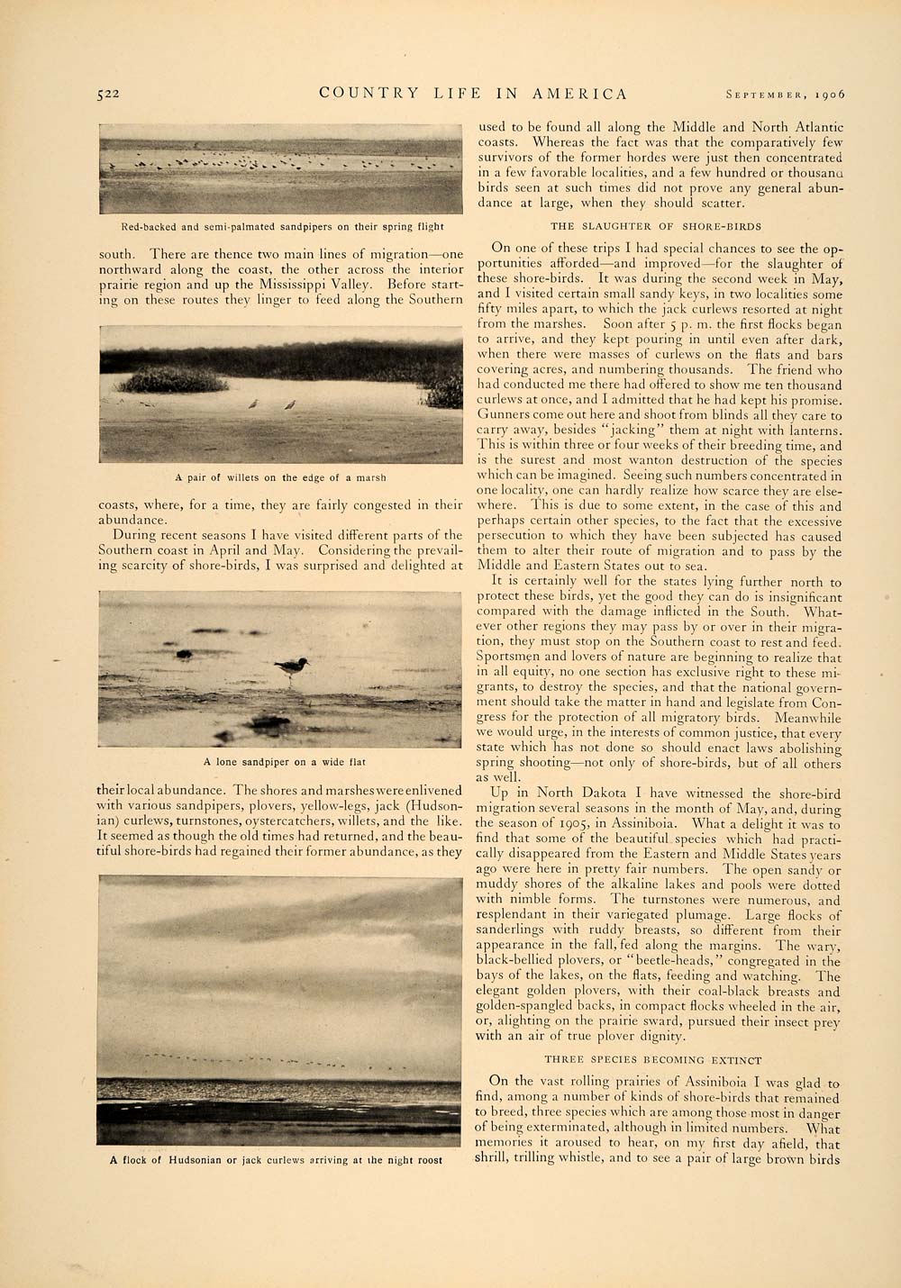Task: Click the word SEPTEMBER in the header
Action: pos(766,94)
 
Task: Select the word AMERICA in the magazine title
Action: pos(580,94)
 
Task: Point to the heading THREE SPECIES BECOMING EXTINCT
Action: pos(653,1060)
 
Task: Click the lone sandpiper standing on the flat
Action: pos(292,667)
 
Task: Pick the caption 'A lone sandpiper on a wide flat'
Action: pos(284,762)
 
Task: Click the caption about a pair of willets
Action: pos(280,477)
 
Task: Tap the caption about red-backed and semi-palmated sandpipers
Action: pos(280,227)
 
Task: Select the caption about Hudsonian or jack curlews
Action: pos(277,1160)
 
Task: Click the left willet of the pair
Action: pos(255,404)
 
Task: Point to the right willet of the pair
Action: pos(289,404)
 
